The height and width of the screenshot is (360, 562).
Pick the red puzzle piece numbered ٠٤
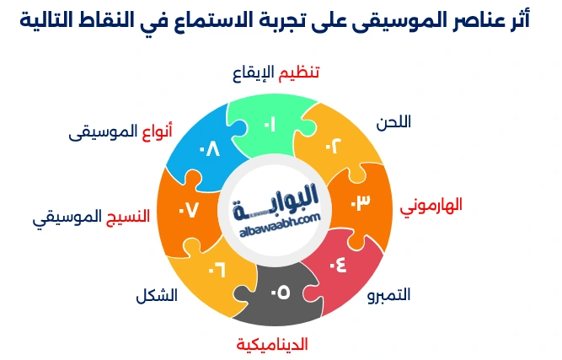(x=336, y=265)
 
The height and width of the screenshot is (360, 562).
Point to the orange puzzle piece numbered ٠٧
(x=188, y=209)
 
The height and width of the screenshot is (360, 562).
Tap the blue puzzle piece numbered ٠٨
(x=208, y=149)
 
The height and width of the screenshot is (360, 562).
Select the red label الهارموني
(x=431, y=206)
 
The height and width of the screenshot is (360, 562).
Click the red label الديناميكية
(x=272, y=345)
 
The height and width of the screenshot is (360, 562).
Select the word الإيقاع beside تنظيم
(x=254, y=73)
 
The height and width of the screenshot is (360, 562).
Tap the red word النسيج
(x=128, y=216)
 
